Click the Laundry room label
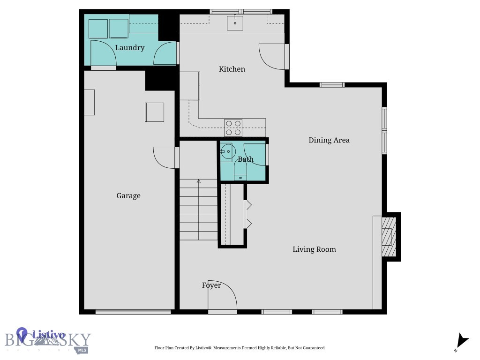click(x=129, y=48)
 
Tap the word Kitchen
click(x=232, y=69)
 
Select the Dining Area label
click(x=329, y=140)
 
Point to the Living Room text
click(x=314, y=249)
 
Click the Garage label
click(x=128, y=196)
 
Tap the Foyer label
click(x=211, y=285)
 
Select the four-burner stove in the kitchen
click(x=233, y=127)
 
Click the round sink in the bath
click(x=227, y=152)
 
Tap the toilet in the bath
click(x=240, y=172)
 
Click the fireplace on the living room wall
click(x=389, y=237)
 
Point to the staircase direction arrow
click(x=199, y=182)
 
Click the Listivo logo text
click(x=48, y=335)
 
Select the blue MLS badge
click(x=82, y=350)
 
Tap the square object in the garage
click(x=154, y=112)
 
